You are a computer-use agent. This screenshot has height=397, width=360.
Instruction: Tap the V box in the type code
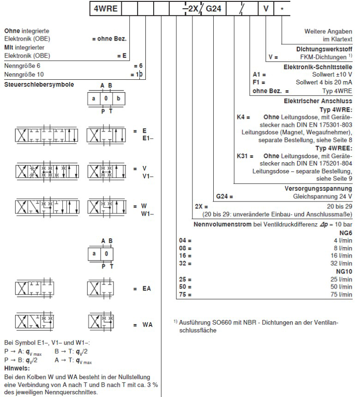click(266, 8)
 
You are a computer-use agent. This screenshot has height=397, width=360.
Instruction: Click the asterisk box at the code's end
click(282, 8)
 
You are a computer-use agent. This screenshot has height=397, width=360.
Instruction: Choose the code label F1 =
click(259, 82)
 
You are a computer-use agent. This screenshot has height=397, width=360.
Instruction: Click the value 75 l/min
click(342, 295)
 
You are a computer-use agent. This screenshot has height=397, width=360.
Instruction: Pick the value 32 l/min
click(342, 264)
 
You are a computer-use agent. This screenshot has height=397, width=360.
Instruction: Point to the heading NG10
click(344, 272)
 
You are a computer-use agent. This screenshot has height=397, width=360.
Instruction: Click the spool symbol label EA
click(147, 289)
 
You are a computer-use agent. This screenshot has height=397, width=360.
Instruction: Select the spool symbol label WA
click(147, 325)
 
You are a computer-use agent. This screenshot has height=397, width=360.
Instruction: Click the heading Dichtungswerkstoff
click(324, 49)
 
